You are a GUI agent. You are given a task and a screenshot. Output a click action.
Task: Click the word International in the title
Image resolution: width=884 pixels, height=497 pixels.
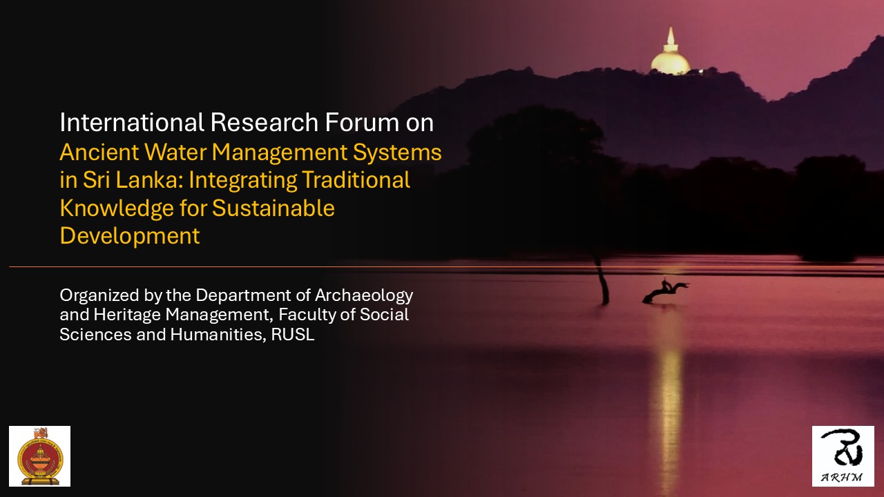coord(132,122)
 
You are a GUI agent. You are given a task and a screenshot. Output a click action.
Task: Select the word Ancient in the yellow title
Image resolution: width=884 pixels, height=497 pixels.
coord(99,153)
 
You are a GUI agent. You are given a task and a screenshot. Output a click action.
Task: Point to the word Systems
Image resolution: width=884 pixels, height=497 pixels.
coord(397,153)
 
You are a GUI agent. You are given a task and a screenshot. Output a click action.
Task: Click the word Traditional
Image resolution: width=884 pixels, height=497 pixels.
coord(356,180)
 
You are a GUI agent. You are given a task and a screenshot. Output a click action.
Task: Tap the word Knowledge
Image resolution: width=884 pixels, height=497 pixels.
coord(117,208)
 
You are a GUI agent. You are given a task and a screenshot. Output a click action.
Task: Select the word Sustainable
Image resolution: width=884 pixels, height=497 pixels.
coord(273,208)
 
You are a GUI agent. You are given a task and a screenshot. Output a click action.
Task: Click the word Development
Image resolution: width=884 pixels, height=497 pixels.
coord(130,237)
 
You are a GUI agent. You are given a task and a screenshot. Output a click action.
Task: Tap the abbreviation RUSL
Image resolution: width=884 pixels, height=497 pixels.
coord(292,335)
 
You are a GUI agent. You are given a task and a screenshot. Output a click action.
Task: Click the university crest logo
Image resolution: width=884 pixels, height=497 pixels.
coord(40,456)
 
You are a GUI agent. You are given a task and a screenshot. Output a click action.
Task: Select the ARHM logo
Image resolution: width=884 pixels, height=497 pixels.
coord(843,456)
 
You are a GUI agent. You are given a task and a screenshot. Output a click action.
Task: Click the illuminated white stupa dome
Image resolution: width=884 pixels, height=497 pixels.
coord(671,62)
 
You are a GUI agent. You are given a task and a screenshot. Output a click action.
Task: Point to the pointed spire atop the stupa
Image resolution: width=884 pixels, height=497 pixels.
coord(671,35)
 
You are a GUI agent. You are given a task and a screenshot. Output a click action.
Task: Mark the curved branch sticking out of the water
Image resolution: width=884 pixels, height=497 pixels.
coord(665,291)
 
